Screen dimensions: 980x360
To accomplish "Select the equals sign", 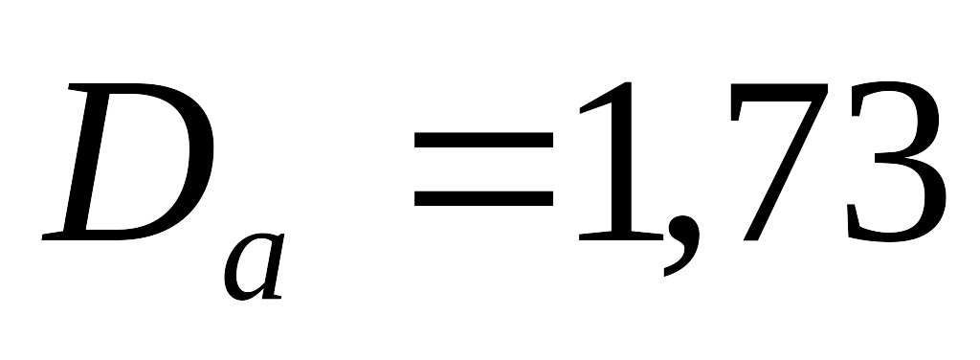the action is pyautogui.click(x=483, y=169).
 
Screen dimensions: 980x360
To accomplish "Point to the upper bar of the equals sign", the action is pyautogui.click(x=483, y=140).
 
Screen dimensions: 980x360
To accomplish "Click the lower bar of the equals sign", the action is pyautogui.click(x=483, y=198).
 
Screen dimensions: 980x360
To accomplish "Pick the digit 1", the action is pyautogui.click(x=621, y=161).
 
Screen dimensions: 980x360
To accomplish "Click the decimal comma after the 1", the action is pyautogui.click(x=682, y=244).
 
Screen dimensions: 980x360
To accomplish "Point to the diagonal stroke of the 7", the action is pyautogui.click(x=785, y=169).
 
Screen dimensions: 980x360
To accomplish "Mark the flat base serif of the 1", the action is pyautogui.click(x=621, y=236).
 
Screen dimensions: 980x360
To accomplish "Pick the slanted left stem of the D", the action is pyautogui.click(x=86, y=161).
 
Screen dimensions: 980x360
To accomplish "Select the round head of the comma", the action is pyautogui.click(x=683, y=229).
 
